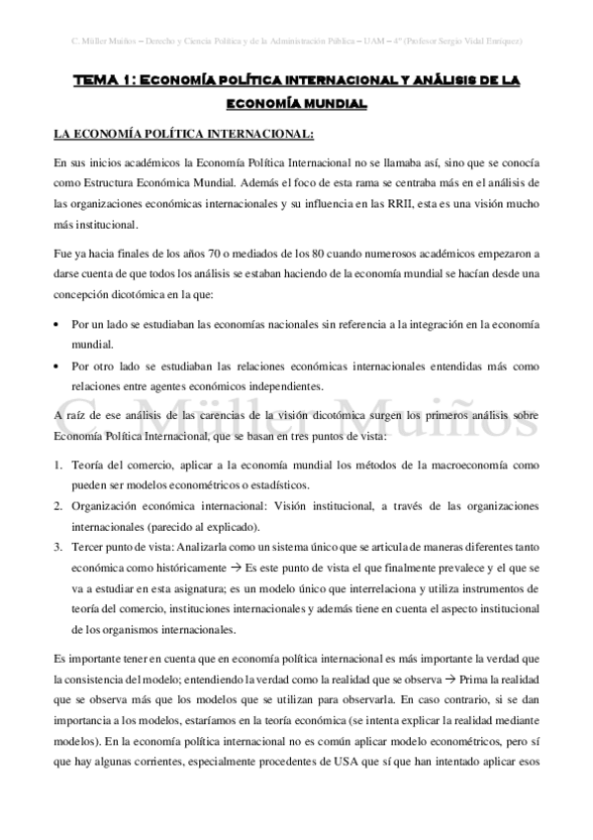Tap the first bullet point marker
click(x=60, y=324)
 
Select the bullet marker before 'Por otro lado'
click(x=60, y=366)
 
